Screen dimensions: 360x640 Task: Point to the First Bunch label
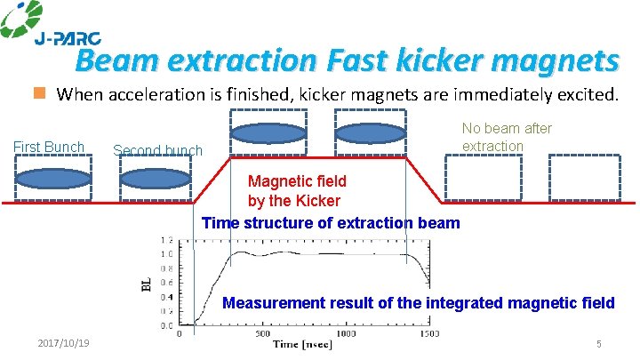(49, 147)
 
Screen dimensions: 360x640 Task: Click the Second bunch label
(157, 150)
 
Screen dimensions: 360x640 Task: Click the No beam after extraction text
(507, 137)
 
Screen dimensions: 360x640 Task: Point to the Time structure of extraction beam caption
(331, 222)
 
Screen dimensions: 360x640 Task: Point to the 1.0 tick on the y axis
(167, 254)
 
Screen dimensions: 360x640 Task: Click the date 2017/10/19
(69, 344)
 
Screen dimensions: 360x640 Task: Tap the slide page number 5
(599, 344)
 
